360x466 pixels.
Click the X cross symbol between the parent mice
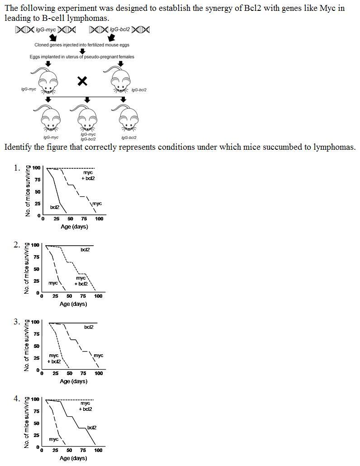(x=82, y=81)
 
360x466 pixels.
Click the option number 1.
(x=17, y=168)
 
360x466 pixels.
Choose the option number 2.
(x=17, y=245)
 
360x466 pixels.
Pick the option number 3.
(x=17, y=322)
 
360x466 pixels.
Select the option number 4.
(x=17, y=399)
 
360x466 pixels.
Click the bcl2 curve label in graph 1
(x=55, y=207)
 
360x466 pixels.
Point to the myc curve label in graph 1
(x=97, y=204)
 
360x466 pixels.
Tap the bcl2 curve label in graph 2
(x=85, y=249)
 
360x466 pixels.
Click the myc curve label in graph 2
(x=53, y=283)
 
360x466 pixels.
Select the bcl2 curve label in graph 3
(x=89, y=327)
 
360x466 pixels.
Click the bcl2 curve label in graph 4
(x=91, y=427)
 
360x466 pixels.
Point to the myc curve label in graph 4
(x=53, y=439)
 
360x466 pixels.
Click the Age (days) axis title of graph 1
(x=74, y=226)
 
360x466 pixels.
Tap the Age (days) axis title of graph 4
(x=73, y=458)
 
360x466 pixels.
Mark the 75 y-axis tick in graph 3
(x=37, y=334)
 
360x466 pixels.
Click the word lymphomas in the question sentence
(x=334, y=147)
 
